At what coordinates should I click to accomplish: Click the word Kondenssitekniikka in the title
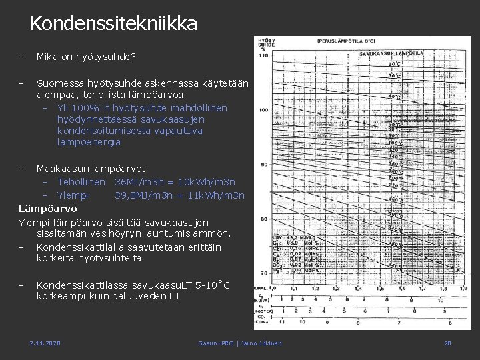point(113,24)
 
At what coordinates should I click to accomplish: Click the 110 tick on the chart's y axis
point(263,55)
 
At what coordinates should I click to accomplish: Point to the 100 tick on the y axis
point(263,110)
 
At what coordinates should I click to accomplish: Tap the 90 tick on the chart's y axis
point(263,164)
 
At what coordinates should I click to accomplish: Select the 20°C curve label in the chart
point(395,65)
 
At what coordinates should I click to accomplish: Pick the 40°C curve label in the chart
point(395,97)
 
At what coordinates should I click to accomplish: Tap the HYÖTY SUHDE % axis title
point(265,44)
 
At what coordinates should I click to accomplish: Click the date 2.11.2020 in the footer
point(45,343)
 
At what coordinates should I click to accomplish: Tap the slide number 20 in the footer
point(448,343)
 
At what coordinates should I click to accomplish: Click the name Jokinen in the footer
point(267,343)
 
